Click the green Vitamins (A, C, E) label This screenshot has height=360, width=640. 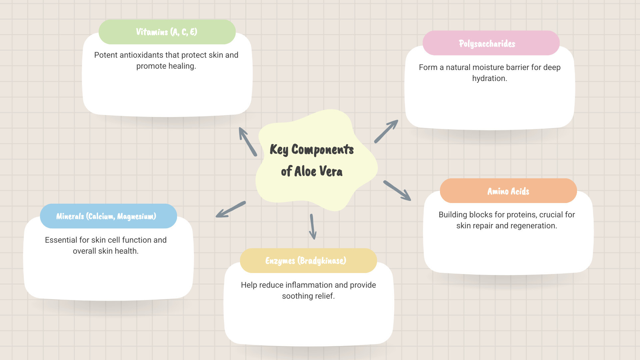coord(167,32)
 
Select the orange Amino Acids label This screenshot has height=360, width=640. coord(508,191)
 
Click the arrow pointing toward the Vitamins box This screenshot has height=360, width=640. coord(247,141)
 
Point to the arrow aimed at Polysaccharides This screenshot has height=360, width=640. coord(386,131)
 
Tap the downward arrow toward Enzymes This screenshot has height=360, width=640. coord(313,227)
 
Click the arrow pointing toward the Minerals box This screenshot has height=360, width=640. coord(231,209)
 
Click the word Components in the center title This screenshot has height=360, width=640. coord(322,150)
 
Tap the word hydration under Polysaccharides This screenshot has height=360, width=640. coord(489,78)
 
